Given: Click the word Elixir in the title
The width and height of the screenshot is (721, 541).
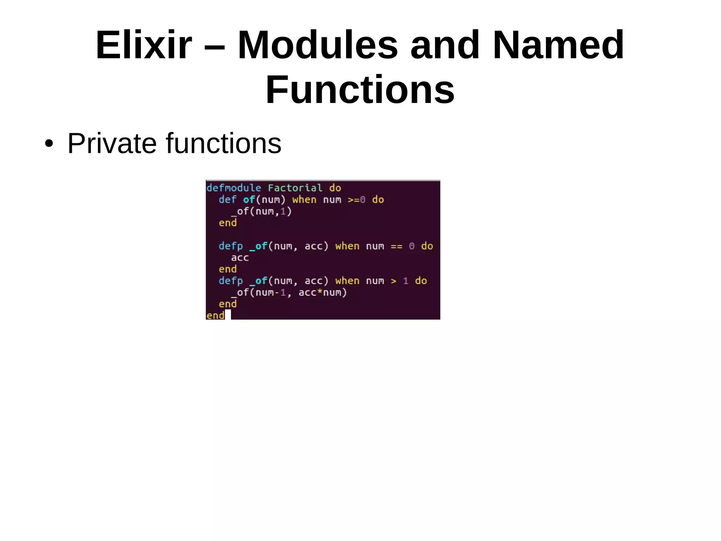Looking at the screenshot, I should [x=144, y=45].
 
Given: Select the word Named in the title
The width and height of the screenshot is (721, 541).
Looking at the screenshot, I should [x=558, y=45].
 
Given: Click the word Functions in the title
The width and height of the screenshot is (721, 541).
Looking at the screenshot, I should [x=360, y=90].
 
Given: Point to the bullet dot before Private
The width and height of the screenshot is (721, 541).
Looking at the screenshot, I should [x=49, y=144].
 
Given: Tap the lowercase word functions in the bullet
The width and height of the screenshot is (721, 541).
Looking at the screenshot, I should [x=224, y=143].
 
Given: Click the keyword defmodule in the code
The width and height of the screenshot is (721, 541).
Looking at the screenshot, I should [x=234, y=188].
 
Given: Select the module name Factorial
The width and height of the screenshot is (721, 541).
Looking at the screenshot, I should [x=295, y=188].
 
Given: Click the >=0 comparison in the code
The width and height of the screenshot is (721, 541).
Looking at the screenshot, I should [x=356, y=199].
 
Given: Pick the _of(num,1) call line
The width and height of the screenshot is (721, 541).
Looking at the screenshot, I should [x=261, y=211].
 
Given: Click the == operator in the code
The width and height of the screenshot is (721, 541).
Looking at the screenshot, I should [x=396, y=246].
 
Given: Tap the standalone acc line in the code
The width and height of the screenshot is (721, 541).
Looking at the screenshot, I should [x=240, y=258].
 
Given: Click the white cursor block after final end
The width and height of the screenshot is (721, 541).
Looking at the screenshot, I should [x=228, y=314].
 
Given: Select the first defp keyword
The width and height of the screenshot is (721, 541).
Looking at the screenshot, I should [x=231, y=246].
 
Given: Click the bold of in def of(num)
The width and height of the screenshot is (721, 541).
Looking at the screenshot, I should [x=249, y=199].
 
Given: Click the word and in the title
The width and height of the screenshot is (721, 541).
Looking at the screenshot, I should [x=445, y=45].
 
